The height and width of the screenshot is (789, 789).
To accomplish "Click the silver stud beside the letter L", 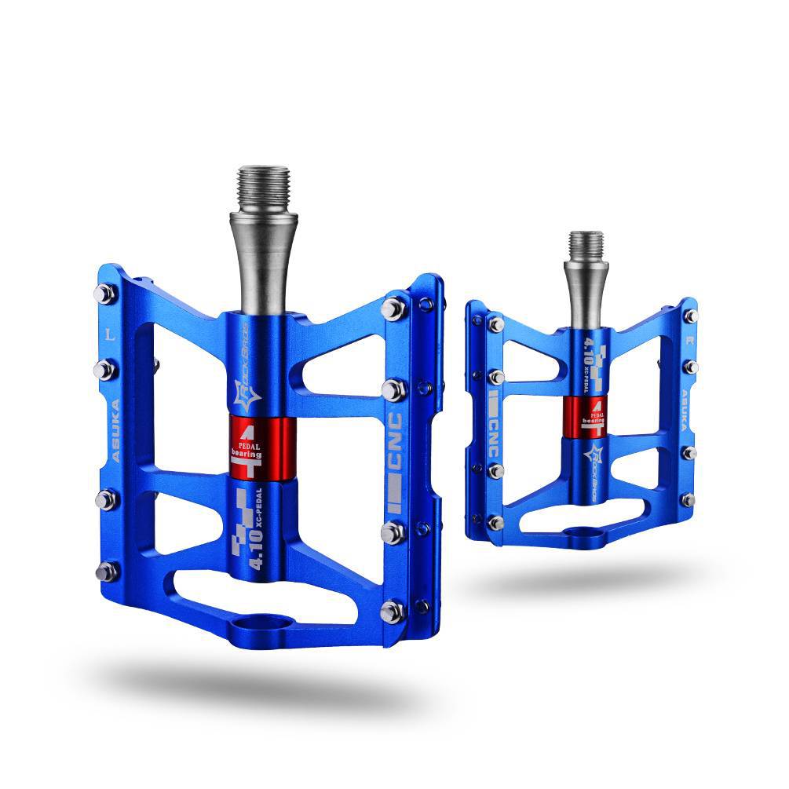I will [x=104, y=294].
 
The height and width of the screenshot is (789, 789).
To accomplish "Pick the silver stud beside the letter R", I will [x=691, y=316].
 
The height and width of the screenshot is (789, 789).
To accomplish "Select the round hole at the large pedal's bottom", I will [x=258, y=624].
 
